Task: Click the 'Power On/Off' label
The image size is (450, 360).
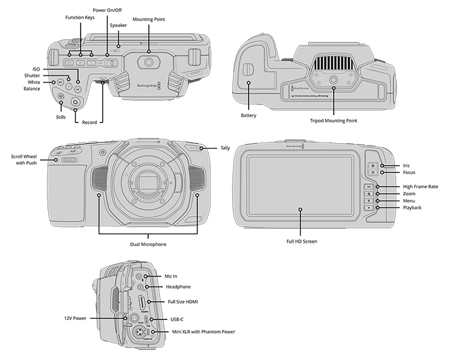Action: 107,11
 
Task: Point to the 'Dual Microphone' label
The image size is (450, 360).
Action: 147,244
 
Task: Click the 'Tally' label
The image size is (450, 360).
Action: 225,148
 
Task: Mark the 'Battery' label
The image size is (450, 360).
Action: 249,116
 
